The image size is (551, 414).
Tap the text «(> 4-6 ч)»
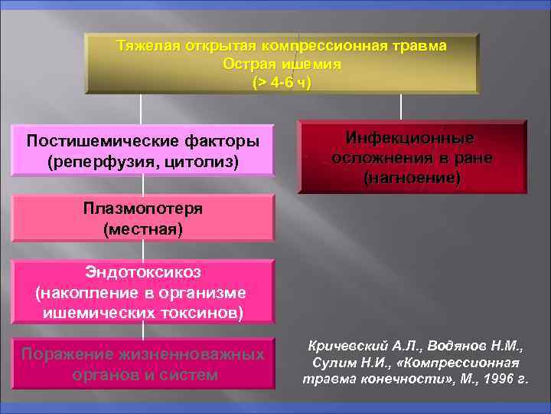pyautogui.click(x=282, y=81)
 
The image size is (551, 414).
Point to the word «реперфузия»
pyautogui.click(x=98, y=162)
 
